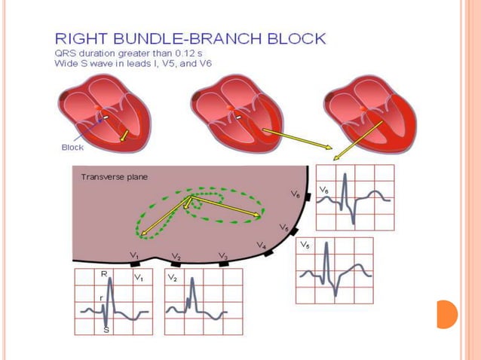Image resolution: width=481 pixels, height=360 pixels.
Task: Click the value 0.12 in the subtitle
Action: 200,51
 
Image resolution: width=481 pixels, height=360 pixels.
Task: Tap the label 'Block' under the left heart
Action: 72,148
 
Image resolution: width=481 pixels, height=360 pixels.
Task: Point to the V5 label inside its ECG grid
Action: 304,246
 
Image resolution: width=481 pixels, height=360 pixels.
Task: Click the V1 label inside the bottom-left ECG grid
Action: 138,278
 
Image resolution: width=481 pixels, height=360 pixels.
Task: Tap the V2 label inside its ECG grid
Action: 172,278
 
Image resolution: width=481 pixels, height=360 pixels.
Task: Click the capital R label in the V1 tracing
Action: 103,276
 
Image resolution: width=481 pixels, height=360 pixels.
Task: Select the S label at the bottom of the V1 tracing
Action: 106,329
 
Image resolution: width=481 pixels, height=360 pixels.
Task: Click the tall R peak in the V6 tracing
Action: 345,178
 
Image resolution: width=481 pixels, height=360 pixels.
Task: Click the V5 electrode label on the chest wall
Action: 283,227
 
